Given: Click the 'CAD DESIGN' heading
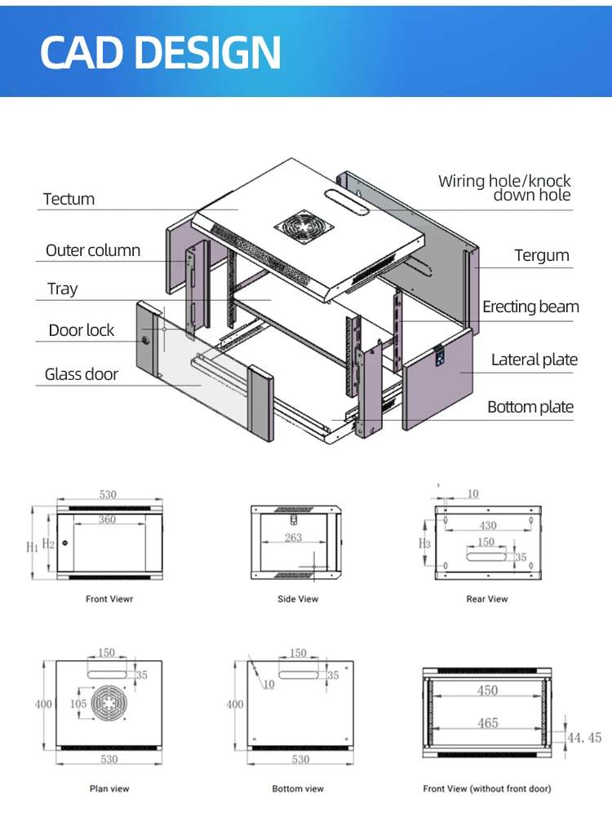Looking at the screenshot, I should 161,52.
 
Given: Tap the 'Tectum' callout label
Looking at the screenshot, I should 69,199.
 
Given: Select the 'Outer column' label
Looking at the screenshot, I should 93,250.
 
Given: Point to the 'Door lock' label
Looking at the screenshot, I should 82,330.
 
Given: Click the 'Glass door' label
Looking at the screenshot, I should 82,374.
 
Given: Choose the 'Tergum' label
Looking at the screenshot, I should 542,255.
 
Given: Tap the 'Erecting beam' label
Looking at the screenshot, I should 530,307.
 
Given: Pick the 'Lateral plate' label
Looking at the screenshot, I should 534,360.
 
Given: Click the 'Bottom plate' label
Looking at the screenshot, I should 530,407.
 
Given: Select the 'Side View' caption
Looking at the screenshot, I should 298,599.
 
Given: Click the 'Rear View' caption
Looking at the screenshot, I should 487,599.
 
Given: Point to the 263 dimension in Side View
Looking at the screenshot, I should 294,537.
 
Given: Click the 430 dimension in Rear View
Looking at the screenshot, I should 487,526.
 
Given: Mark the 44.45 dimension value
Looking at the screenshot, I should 584,737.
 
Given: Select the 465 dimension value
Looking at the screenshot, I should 488,722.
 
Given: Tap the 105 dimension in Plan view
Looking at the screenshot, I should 78,704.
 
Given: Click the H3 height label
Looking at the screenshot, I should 424,544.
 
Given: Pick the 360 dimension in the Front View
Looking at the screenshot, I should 108,519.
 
